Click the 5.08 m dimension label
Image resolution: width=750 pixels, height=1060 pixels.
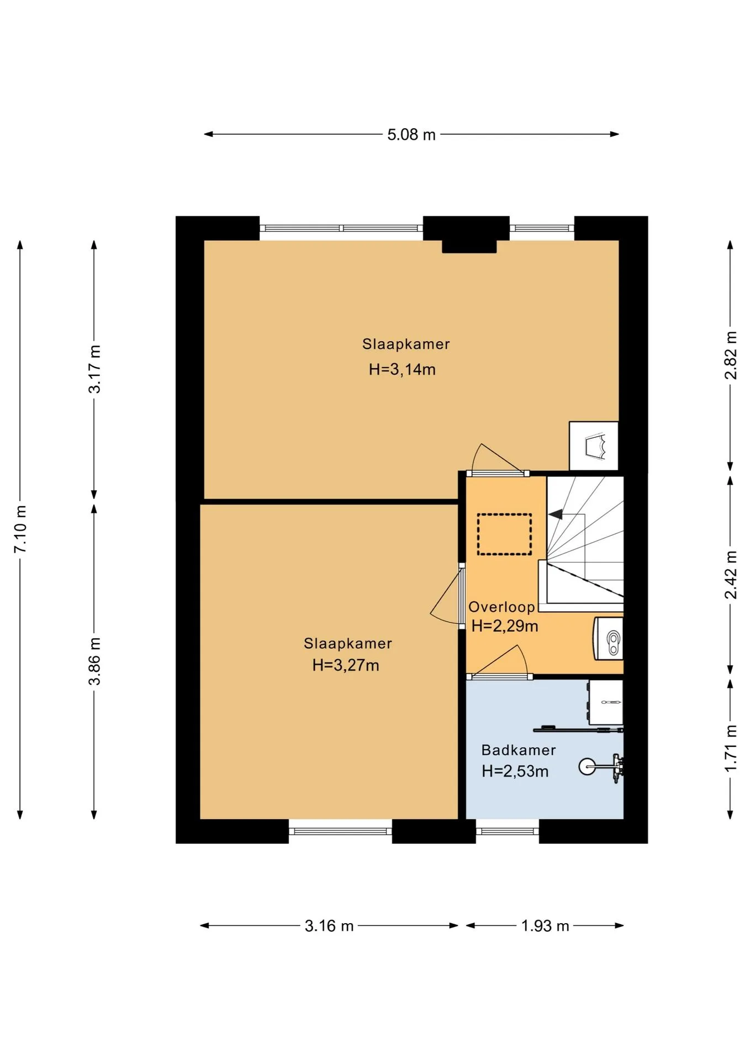point(411,135)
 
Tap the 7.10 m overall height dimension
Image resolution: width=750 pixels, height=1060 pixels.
point(20,529)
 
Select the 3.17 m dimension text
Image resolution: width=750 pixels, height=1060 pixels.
point(95,369)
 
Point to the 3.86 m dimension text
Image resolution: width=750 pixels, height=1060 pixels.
point(95,661)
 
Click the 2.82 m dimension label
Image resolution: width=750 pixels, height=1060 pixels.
point(731,355)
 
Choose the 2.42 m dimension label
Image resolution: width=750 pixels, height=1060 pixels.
point(731,574)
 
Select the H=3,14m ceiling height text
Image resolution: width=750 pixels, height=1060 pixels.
point(402,369)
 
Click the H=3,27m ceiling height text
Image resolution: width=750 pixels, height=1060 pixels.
point(346,665)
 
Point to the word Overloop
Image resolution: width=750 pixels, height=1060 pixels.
point(501,607)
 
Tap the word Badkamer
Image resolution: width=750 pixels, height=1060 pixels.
point(519,750)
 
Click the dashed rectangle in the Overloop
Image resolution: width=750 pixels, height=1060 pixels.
point(504,534)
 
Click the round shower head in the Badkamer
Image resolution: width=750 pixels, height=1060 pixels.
point(587,766)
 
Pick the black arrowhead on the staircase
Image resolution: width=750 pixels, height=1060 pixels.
point(556,515)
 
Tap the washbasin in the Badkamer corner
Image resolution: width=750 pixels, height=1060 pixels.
point(606,702)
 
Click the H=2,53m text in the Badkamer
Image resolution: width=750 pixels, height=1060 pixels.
point(515,771)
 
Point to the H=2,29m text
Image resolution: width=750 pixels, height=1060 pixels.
point(505,626)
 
